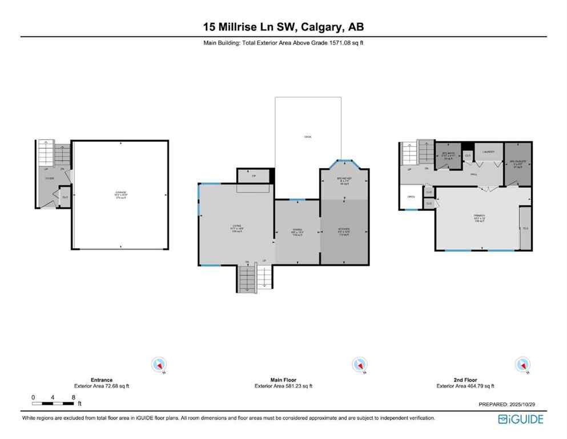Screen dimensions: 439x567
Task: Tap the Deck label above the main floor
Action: click(x=308, y=137)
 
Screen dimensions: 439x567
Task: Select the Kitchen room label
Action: click(x=344, y=230)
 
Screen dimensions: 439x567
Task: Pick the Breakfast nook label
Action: click(x=344, y=181)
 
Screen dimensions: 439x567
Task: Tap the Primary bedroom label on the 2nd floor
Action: click(x=478, y=218)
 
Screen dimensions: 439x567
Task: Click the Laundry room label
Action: click(x=488, y=152)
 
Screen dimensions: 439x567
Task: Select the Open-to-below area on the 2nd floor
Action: click(x=411, y=197)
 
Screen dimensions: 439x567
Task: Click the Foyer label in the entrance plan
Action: click(x=50, y=178)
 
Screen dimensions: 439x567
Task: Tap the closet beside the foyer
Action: click(x=65, y=197)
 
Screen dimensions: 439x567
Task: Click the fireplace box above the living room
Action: click(x=254, y=176)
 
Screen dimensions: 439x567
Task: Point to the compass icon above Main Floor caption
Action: click(x=359, y=364)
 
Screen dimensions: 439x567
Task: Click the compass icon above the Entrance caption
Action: click(x=159, y=364)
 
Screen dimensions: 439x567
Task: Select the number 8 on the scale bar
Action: click(x=74, y=397)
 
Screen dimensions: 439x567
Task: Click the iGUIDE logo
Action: click(x=520, y=420)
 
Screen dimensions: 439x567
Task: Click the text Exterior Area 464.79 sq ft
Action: click(x=465, y=386)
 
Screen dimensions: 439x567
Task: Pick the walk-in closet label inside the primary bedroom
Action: click(x=525, y=228)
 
